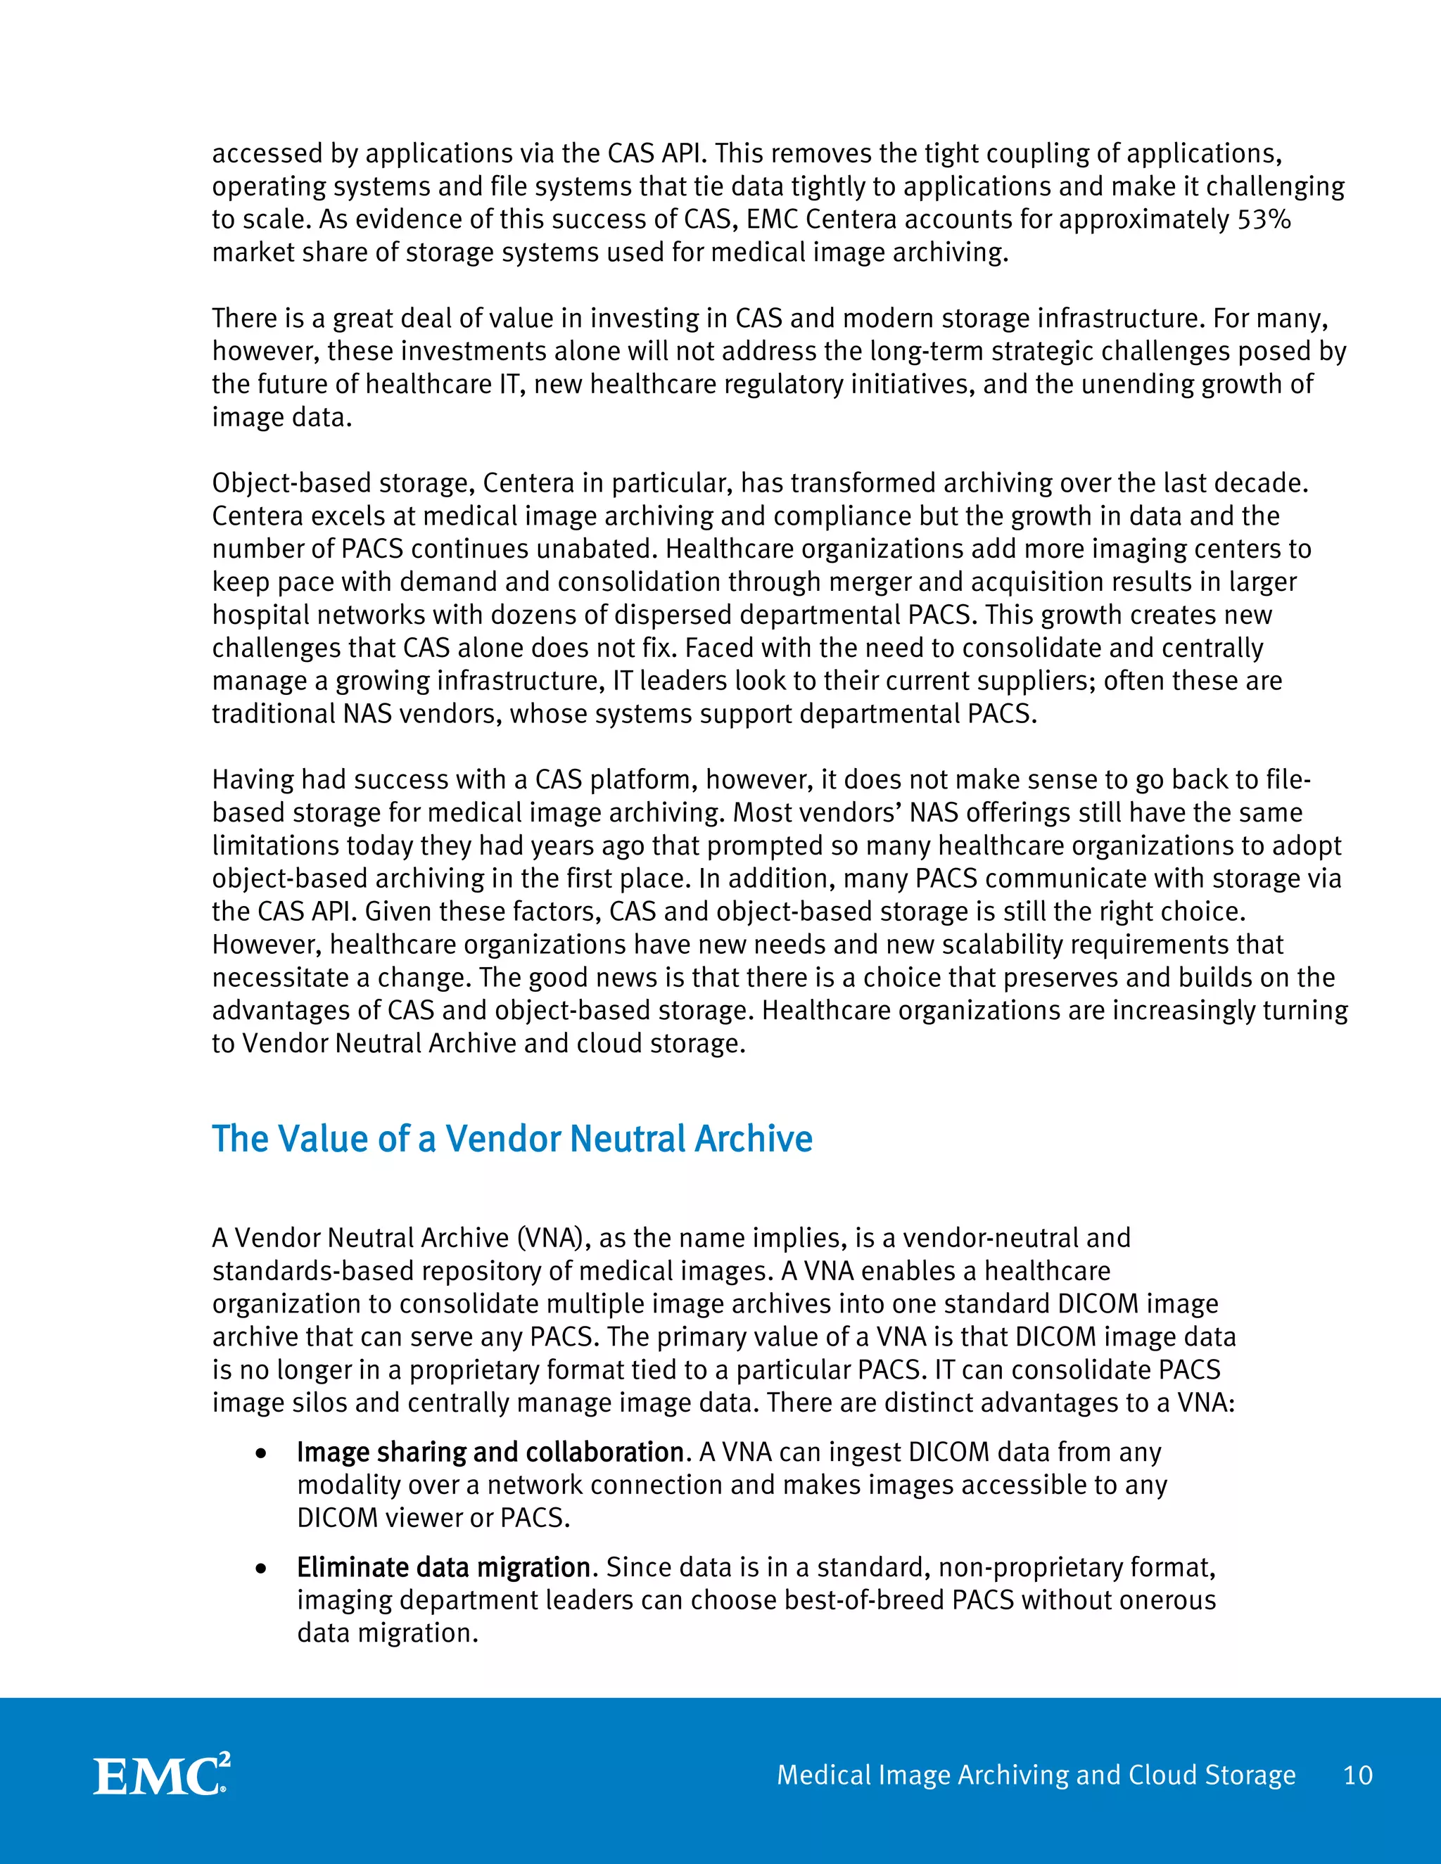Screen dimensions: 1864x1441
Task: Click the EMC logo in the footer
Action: click(160, 1775)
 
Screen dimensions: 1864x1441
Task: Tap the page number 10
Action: click(1357, 1775)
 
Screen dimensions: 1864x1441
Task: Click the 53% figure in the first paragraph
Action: click(1264, 219)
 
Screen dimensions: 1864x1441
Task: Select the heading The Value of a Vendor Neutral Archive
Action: click(512, 1140)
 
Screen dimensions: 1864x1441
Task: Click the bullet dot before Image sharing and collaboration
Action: click(262, 1453)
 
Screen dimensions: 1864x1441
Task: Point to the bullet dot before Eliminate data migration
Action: click(262, 1569)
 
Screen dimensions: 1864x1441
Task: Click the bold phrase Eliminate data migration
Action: click(443, 1568)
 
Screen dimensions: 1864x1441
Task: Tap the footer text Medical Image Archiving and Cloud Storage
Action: click(1036, 1775)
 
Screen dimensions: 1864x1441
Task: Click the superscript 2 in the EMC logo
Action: click(224, 1761)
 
